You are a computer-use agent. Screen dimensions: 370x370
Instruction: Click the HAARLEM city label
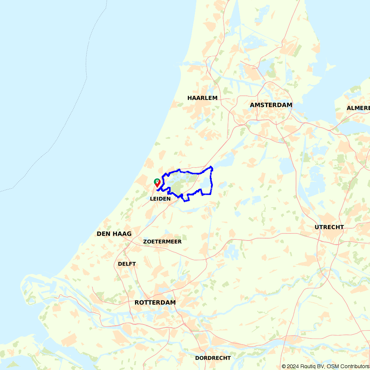pyautogui.click(x=202, y=98)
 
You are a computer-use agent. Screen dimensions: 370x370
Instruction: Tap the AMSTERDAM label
pyautogui.click(x=271, y=105)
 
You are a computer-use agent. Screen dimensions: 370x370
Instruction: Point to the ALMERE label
pyautogui.click(x=358, y=108)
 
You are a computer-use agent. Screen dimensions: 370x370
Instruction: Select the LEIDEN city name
pyautogui.click(x=160, y=199)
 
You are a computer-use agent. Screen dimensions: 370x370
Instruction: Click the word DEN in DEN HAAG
pyautogui.click(x=103, y=234)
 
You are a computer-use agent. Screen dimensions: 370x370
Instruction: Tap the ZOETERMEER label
pyautogui.click(x=162, y=242)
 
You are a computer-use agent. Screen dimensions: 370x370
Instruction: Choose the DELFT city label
pyautogui.click(x=127, y=264)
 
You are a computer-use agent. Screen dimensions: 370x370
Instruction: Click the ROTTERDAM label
pyautogui.click(x=155, y=303)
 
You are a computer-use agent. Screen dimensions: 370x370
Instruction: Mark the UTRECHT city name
pyautogui.click(x=329, y=227)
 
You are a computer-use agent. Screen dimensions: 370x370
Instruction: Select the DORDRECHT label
pyautogui.click(x=213, y=358)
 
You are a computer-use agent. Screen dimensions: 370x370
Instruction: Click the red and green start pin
pyautogui.click(x=157, y=182)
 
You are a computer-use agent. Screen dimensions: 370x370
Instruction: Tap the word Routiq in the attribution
pyautogui.click(x=307, y=366)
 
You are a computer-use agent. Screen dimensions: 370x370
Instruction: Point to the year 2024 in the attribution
pyautogui.click(x=293, y=366)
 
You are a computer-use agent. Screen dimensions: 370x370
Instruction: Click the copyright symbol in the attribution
pyautogui.click(x=284, y=366)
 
